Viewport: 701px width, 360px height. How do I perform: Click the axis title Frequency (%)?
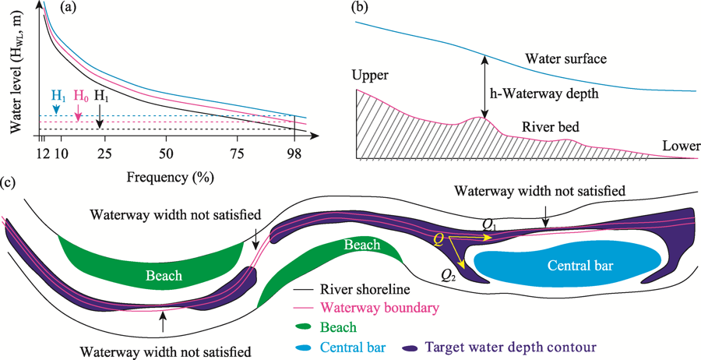(x=169, y=176)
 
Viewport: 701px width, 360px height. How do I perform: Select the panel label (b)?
(x=360, y=9)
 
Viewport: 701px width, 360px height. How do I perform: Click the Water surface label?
(x=565, y=58)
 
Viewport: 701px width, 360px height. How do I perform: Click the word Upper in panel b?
(x=369, y=76)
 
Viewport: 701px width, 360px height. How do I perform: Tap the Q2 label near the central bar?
(x=449, y=274)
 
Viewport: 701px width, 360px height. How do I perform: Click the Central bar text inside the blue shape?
(x=579, y=266)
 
